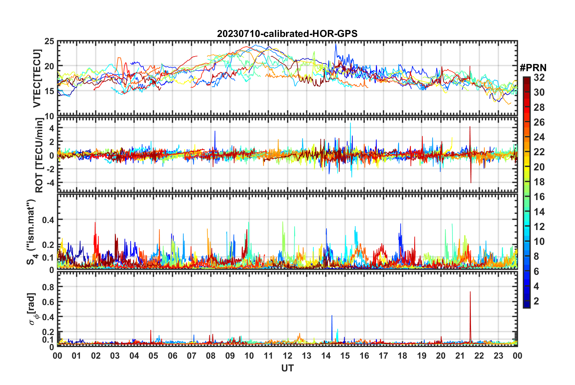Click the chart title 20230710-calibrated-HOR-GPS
(x=287, y=34)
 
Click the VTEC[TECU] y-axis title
(x=37, y=78)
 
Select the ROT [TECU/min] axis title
(x=39, y=155)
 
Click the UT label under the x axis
(x=287, y=368)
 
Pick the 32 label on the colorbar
(x=539, y=77)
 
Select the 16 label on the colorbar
(x=539, y=197)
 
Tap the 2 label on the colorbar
(x=537, y=301)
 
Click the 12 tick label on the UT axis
(x=287, y=356)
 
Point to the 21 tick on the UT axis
(x=460, y=356)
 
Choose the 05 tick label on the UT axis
(x=153, y=356)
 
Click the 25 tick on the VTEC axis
(x=49, y=41)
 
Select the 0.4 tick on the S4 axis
(x=48, y=220)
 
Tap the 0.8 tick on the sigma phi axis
(x=48, y=287)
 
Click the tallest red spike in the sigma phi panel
(x=470, y=292)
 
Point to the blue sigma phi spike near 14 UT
(x=332, y=316)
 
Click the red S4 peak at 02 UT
(x=95, y=223)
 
